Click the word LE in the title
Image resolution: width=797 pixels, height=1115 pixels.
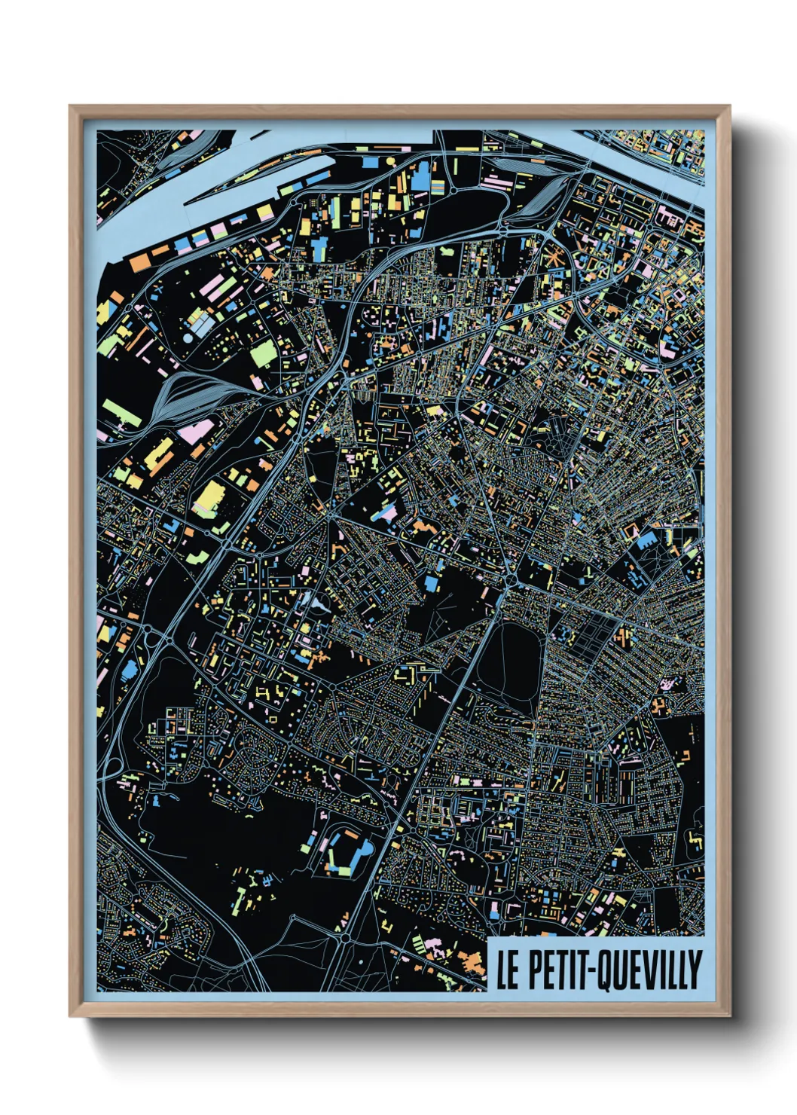tap(507, 969)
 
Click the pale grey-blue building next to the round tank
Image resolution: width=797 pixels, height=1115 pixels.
tap(201, 325)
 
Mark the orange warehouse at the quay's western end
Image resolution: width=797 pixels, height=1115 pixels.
tap(139, 262)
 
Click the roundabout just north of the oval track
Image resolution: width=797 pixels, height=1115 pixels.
tap(513, 581)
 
